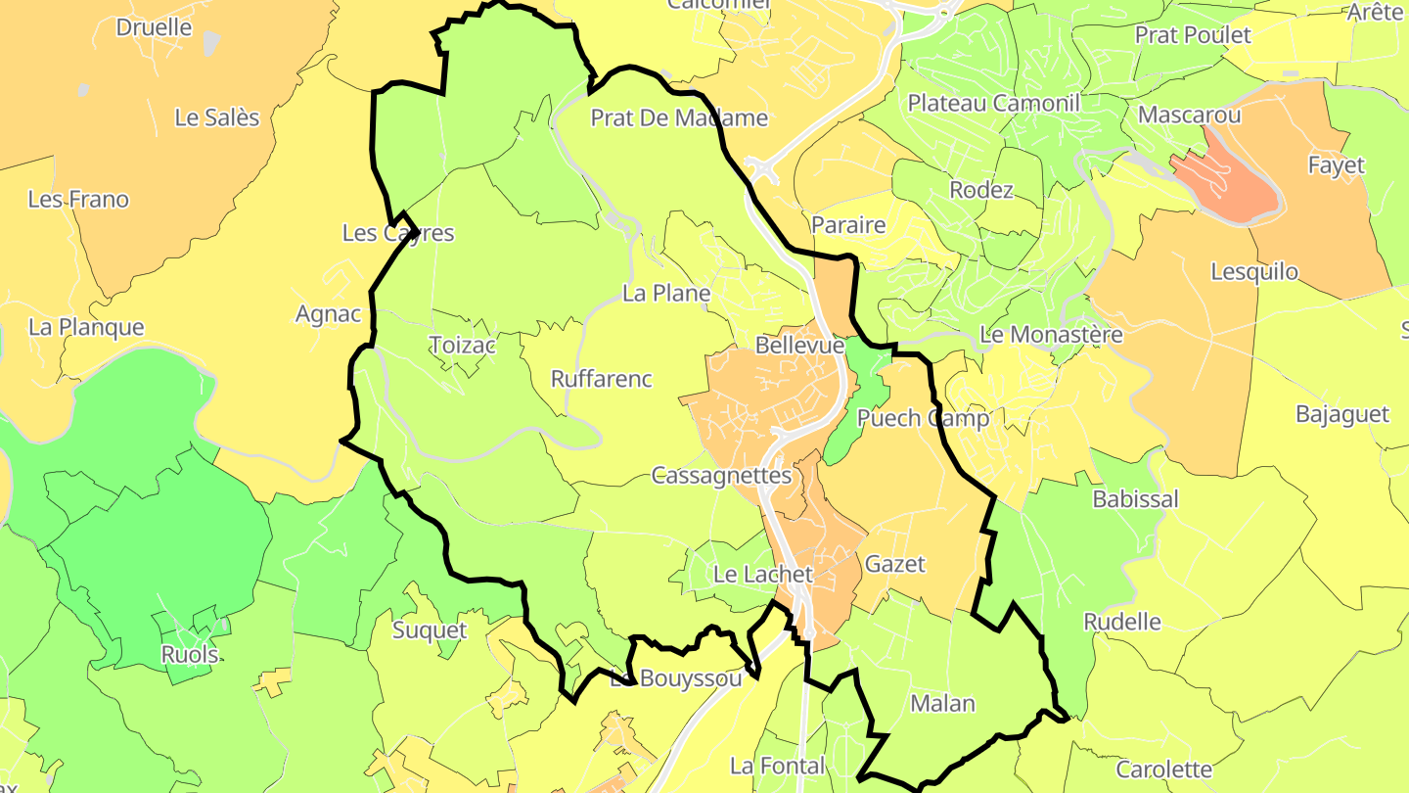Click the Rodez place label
click(x=981, y=190)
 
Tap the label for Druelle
click(x=154, y=27)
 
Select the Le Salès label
click(x=217, y=117)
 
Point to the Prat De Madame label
click(x=679, y=118)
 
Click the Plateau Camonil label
click(x=994, y=103)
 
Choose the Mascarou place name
click(x=1190, y=116)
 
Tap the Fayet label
click(x=1336, y=165)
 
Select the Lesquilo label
click(x=1254, y=271)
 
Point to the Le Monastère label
click(x=1051, y=335)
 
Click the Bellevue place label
click(x=799, y=346)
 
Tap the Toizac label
click(x=463, y=345)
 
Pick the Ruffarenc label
click(x=602, y=379)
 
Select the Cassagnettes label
click(x=721, y=476)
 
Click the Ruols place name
click(x=190, y=654)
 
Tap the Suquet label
click(x=430, y=630)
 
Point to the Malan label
click(x=942, y=703)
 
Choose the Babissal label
click(x=1135, y=499)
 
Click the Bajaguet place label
click(x=1341, y=414)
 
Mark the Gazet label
click(x=894, y=564)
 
